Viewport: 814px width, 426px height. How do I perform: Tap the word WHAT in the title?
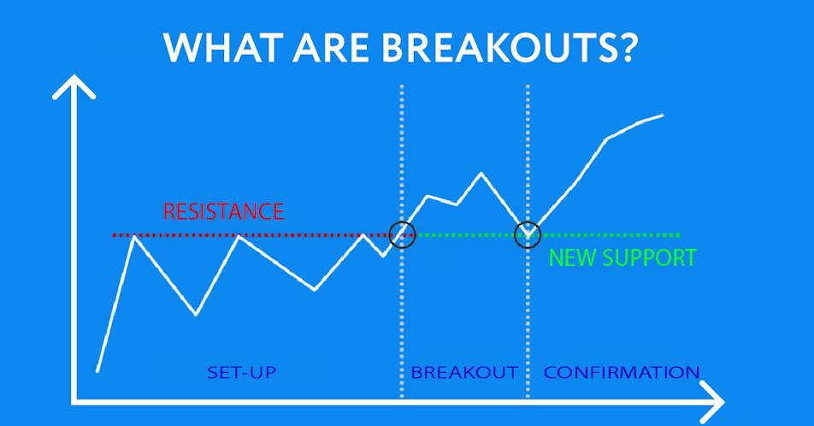coord(221,48)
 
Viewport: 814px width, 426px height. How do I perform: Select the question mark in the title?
coord(623,47)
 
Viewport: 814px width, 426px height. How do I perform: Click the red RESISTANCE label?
coord(224,211)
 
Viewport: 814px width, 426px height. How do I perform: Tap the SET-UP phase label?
coord(241,372)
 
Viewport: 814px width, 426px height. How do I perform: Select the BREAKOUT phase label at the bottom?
coord(464,372)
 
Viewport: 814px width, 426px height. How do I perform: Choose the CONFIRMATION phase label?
coord(622,372)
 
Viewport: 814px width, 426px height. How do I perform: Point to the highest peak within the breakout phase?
coord(481,173)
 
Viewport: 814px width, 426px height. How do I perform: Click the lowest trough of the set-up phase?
coord(196,314)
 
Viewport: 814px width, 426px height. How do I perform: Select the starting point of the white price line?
coord(97,370)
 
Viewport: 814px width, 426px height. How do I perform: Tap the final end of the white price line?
coord(663,115)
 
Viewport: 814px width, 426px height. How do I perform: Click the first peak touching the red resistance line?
coord(134,236)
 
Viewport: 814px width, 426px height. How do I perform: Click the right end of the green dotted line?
coord(678,235)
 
